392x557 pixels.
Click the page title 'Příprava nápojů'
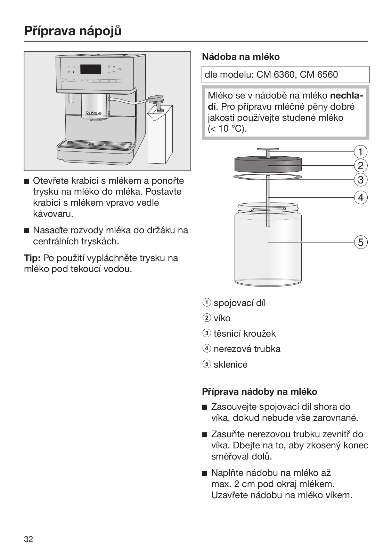(x=73, y=31)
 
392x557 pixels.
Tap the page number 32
(x=28, y=539)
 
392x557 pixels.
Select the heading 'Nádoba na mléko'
(x=241, y=57)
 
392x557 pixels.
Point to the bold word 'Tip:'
(x=32, y=258)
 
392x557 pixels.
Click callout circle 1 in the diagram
(x=360, y=152)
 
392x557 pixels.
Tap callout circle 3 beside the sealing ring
(x=360, y=180)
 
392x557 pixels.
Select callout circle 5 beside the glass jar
(x=360, y=242)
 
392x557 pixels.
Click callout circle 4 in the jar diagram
(x=360, y=197)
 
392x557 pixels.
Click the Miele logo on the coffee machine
(x=94, y=113)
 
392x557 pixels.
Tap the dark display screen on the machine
(x=91, y=69)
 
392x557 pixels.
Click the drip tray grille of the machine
(x=96, y=144)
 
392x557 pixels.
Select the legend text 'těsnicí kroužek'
(x=244, y=334)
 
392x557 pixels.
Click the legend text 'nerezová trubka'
(x=247, y=349)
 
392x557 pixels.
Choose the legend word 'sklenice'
(x=230, y=364)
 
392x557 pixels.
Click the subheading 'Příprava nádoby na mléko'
(x=260, y=392)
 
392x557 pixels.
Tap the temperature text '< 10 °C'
(x=227, y=128)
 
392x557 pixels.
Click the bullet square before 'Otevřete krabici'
(x=27, y=181)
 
